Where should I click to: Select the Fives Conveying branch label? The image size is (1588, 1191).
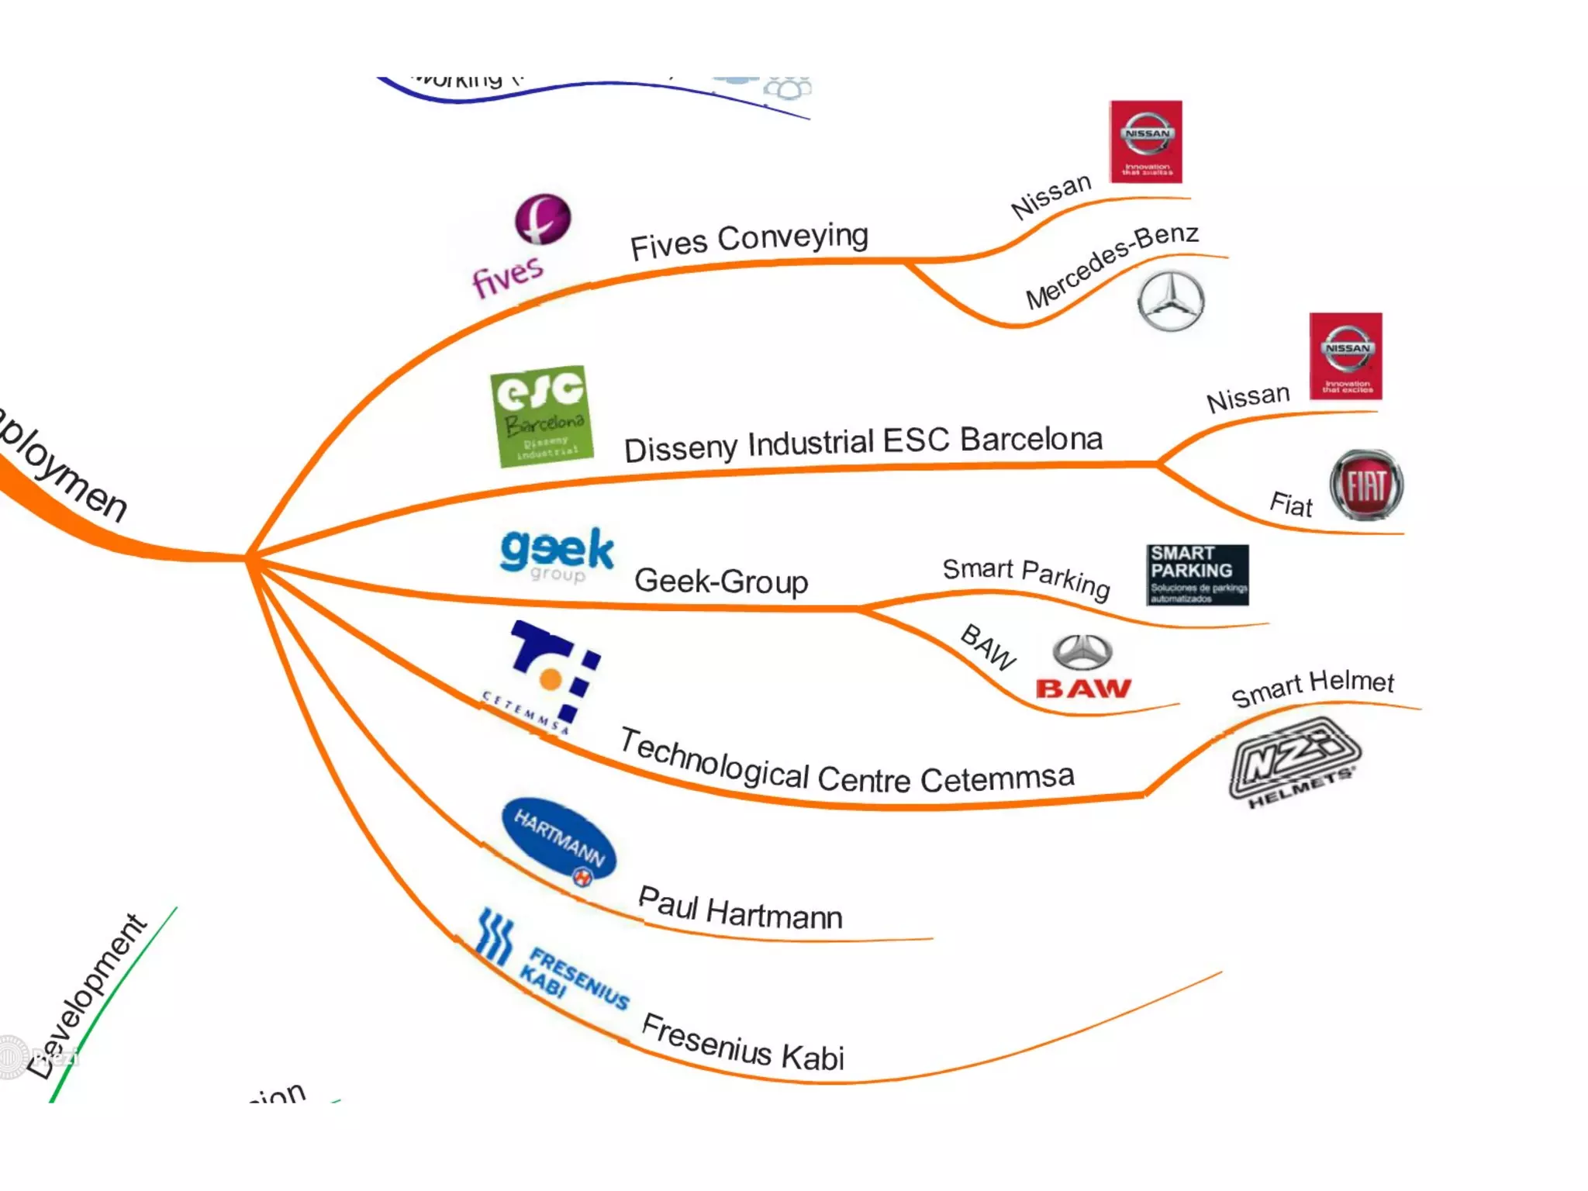pos(748,241)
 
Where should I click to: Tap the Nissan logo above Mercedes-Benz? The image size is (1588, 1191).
pos(1145,142)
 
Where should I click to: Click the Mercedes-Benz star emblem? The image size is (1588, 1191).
pos(1170,302)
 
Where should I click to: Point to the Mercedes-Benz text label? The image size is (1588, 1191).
pos(1112,265)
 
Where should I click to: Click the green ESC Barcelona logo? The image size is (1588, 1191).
pos(542,416)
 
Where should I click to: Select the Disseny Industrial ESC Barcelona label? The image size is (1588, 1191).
pos(863,444)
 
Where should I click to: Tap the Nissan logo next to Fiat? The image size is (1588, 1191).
pos(1345,356)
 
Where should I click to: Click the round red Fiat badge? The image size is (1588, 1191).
pos(1365,485)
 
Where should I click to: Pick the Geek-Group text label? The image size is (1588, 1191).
pos(721,582)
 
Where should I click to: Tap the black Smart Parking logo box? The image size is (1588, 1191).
pos(1196,575)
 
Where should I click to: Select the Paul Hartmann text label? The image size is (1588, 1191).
pos(740,910)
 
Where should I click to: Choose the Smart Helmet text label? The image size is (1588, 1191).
pos(1313,687)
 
